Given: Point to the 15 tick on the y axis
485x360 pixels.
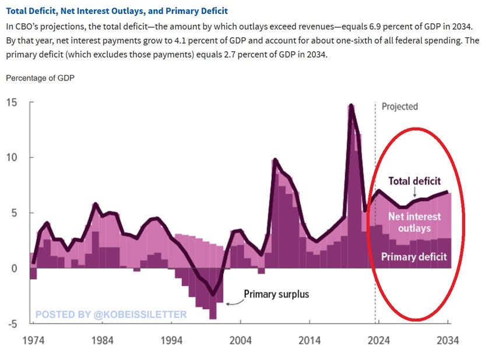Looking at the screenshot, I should click(x=12, y=103).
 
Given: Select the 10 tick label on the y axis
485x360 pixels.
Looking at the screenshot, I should click(x=12, y=157).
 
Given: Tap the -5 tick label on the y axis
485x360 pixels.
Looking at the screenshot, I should click(x=10, y=324).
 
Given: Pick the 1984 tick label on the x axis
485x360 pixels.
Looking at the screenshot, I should click(x=102, y=341).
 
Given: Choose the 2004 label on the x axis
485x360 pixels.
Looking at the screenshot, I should click(x=240, y=341).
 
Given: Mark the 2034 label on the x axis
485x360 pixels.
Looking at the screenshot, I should click(x=448, y=341).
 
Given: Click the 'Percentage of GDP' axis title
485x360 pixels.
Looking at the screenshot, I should click(x=40, y=77).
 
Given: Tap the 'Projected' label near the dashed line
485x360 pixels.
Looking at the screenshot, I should click(x=399, y=107).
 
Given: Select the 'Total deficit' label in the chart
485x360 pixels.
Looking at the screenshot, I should click(x=414, y=181).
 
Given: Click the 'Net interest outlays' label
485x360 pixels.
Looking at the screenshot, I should click(x=414, y=222).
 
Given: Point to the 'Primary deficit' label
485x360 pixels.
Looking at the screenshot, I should click(x=414, y=256).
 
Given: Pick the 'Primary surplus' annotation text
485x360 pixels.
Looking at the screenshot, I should click(x=276, y=294).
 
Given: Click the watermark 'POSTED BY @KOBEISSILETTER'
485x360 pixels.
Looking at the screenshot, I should click(x=111, y=315).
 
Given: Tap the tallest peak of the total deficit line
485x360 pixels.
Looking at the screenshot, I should click(x=351, y=105).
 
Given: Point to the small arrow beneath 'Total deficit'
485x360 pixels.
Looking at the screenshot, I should click(x=414, y=192).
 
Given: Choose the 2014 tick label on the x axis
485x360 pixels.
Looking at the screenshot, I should click(x=310, y=341).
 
